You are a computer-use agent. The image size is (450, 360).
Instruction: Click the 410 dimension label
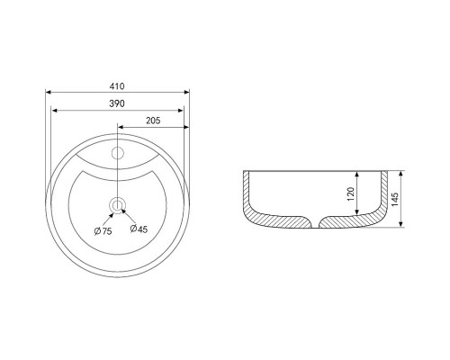pyautogui.click(x=117, y=86)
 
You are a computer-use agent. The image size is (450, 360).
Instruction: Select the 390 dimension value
pyautogui.click(x=117, y=103)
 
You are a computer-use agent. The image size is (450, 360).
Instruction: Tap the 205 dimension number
pyautogui.click(x=153, y=121)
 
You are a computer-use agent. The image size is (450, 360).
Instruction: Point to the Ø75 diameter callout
pyautogui.click(x=103, y=231)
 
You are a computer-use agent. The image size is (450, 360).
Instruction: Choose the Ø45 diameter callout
pyautogui.click(x=139, y=229)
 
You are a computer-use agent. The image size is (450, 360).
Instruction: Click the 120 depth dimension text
pyautogui.click(x=351, y=193)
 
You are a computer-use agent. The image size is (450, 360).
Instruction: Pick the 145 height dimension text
pyautogui.click(x=395, y=199)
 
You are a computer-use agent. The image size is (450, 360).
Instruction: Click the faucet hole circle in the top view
pyautogui.click(x=118, y=153)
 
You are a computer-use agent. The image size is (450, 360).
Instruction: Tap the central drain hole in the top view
pyautogui.click(x=117, y=205)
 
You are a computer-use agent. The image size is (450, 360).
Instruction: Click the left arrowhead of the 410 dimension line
pyautogui.click(x=48, y=93)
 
